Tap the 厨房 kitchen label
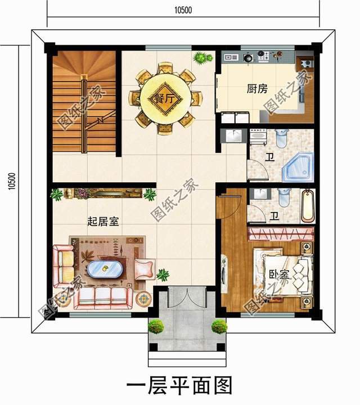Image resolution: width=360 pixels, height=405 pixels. (257, 89)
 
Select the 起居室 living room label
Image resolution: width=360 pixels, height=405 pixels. (103, 222)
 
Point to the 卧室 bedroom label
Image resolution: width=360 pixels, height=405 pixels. (278, 274)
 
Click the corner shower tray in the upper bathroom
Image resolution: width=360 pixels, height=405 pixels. (299, 166)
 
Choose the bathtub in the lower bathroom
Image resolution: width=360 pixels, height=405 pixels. (308, 206)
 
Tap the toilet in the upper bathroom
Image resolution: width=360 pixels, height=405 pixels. (281, 138)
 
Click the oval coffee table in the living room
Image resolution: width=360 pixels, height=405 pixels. (105, 269)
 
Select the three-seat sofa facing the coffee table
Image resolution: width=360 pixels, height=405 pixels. (103, 298)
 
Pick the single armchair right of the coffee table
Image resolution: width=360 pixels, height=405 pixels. (145, 269)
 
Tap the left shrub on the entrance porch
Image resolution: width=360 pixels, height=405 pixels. (156, 326)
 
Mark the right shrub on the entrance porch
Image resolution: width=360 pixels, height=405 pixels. (219, 326)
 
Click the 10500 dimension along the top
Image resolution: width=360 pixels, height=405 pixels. (183, 10)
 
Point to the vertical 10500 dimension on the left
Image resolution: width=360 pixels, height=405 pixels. (12, 181)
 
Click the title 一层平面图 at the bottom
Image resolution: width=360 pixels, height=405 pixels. (179, 386)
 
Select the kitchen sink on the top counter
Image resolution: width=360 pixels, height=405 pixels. (231, 57)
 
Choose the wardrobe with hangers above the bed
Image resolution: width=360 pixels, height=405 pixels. (281, 234)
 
